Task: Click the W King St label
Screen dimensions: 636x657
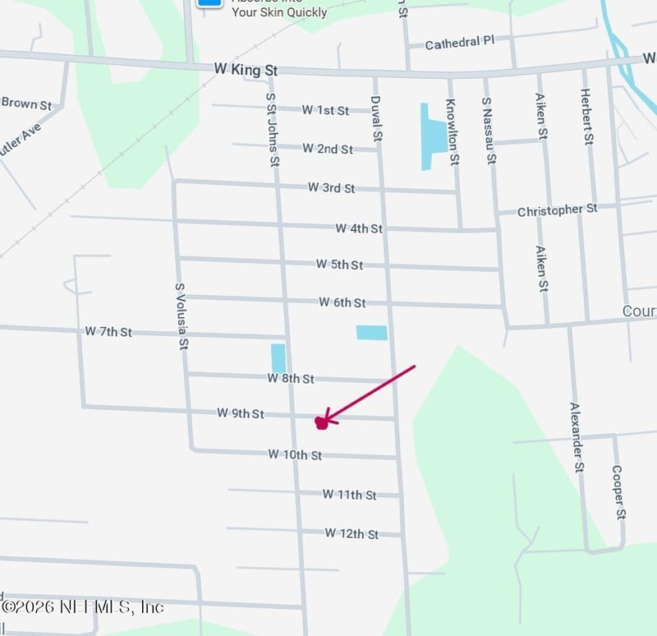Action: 244,71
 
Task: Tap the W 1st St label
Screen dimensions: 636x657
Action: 325,110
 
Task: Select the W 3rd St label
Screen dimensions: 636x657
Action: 331,187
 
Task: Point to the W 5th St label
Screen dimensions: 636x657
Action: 339,265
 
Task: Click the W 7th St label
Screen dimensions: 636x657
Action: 108,332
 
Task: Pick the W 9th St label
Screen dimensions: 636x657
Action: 241,413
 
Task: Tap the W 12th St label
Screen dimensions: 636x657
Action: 351,534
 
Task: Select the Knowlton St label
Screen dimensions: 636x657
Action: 451,131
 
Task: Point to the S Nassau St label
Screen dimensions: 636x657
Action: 489,131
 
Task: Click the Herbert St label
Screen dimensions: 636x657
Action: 588,118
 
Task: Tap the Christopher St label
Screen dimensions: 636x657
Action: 557,210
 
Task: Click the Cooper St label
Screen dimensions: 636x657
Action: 618,491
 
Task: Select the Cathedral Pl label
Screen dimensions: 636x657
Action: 459,43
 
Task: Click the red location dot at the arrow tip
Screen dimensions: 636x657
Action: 321,422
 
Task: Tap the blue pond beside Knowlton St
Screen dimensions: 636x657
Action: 433,135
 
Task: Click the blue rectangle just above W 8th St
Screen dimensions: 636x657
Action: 278,358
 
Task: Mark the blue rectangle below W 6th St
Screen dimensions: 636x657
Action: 371,332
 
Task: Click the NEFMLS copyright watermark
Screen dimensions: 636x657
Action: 82,607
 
